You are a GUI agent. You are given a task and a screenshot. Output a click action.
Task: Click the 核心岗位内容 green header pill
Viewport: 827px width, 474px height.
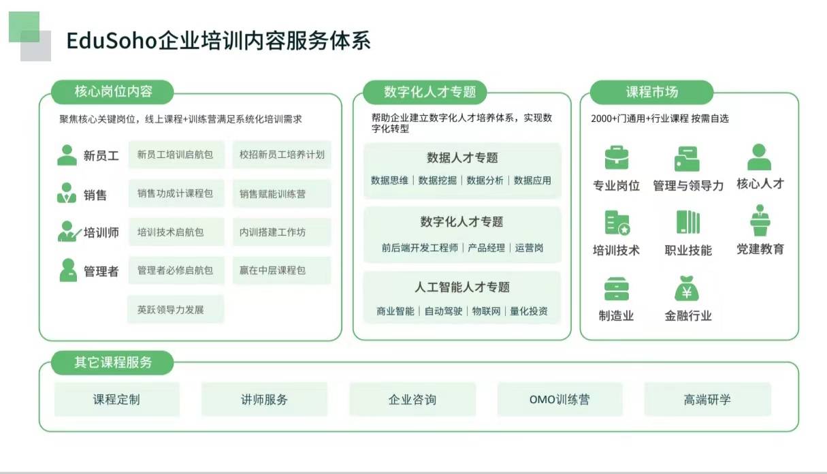[x=112, y=92]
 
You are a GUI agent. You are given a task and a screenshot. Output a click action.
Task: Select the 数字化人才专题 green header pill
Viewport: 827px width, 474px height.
[x=425, y=92]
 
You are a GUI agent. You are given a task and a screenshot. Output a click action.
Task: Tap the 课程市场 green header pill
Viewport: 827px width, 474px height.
[x=651, y=92]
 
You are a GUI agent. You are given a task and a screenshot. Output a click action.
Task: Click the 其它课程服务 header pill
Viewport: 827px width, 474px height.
[x=112, y=362]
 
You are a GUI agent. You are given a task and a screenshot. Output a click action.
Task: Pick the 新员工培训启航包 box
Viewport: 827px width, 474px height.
[x=176, y=155]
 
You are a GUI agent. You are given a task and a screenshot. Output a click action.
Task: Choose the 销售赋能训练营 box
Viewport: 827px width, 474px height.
[x=282, y=193]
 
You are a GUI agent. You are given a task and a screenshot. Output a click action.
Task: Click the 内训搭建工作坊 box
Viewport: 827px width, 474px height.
[x=282, y=232]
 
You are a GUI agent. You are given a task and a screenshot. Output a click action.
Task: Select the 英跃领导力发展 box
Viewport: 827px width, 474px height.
[x=176, y=309]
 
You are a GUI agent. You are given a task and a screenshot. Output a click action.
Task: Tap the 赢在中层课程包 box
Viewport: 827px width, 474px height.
[x=282, y=270]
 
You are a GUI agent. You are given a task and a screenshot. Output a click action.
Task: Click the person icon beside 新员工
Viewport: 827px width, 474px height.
[x=67, y=155]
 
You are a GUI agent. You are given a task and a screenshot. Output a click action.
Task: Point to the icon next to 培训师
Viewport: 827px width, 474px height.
[x=69, y=232]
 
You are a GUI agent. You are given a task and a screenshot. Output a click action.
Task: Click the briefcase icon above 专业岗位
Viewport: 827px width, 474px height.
[x=616, y=158]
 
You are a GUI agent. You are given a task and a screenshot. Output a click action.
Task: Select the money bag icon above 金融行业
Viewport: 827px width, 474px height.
[x=687, y=288]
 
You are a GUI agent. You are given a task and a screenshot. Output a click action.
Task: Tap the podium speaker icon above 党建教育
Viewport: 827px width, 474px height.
[x=760, y=220]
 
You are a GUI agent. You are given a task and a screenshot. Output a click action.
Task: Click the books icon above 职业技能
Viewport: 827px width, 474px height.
[x=688, y=222]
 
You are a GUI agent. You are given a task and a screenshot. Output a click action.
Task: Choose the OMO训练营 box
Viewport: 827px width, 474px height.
[x=560, y=399]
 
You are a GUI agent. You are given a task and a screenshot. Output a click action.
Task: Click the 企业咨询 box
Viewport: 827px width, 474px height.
[x=412, y=399]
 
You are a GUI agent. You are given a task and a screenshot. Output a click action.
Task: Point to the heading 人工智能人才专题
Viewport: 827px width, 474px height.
[x=462, y=287]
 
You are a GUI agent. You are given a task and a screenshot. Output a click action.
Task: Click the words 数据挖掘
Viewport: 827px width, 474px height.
[x=437, y=180]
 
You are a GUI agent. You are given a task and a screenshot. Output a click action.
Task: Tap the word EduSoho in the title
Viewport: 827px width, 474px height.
[x=112, y=40]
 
